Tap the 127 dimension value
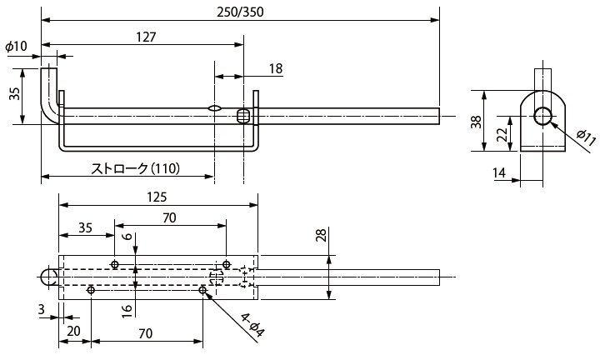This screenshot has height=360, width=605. click(x=143, y=37)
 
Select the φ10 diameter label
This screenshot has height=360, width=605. click(x=16, y=47)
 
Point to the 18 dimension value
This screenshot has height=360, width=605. click(x=276, y=68)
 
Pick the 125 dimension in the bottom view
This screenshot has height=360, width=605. click(x=156, y=197)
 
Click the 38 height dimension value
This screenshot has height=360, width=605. click(x=475, y=121)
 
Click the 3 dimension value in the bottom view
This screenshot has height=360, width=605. click(x=42, y=309)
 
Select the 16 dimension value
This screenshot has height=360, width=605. click(x=127, y=309)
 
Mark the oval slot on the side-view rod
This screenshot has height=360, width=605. click(x=214, y=107)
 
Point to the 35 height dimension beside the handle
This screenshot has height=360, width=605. click(x=14, y=93)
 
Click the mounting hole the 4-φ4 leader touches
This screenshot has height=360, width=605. click(x=203, y=290)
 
